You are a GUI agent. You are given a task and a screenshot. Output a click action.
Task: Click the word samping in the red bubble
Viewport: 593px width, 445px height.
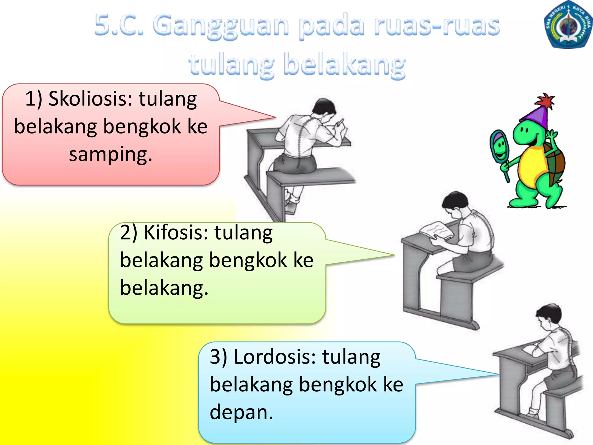[x=110, y=155]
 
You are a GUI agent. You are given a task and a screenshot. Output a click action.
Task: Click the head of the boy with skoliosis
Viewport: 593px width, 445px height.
[x=324, y=107]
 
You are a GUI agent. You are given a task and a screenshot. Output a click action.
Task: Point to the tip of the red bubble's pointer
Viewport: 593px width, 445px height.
[x=275, y=117]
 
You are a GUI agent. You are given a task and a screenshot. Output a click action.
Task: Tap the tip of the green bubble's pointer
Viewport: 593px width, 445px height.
[x=394, y=255]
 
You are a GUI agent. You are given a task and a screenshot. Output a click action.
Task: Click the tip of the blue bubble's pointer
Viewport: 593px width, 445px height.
[x=499, y=374]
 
